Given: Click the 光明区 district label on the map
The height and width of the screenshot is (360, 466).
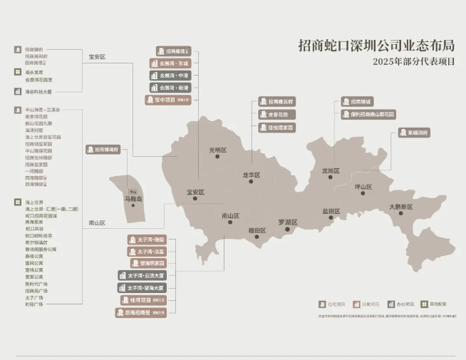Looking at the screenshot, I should (x=216, y=150).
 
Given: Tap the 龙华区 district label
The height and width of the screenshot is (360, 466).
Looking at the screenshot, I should (x=252, y=175).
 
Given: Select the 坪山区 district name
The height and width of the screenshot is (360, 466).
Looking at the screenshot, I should (x=363, y=187).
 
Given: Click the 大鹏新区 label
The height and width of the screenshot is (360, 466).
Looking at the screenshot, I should (x=400, y=207).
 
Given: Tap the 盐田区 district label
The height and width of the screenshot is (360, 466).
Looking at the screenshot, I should (x=331, y=211).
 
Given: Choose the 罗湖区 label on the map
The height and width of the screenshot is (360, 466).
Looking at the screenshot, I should (x=287, y=222).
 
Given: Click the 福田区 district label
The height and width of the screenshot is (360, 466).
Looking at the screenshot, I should (x=257, y=230).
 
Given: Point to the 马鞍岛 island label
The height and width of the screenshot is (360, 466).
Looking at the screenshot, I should (x=133, y=199).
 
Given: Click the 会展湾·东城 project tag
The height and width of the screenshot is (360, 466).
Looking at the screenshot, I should (x=170, y=63).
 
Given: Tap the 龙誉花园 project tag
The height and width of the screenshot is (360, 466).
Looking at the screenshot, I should (x=277, y=114).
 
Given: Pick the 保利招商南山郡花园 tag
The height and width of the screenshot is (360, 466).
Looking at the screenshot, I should (x=367, y=114).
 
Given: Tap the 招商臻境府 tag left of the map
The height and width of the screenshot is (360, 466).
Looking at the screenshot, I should (x=103, y=150).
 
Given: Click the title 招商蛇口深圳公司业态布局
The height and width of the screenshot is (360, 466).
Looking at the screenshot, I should (x=376, y=46).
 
